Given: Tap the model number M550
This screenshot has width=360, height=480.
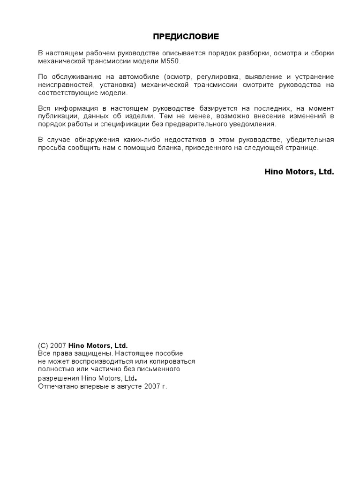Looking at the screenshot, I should [x=170, y=61].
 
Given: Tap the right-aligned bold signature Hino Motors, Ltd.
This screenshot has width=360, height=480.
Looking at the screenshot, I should [x=299, y=172].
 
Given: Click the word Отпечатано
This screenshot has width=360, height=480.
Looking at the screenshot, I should [x=57, y=387].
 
